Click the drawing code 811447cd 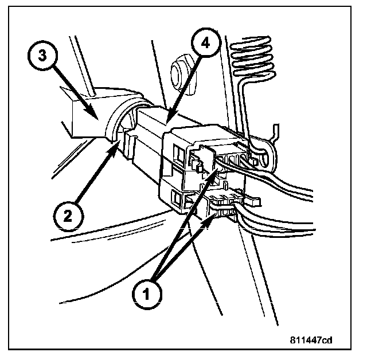(x=311, y=340)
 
